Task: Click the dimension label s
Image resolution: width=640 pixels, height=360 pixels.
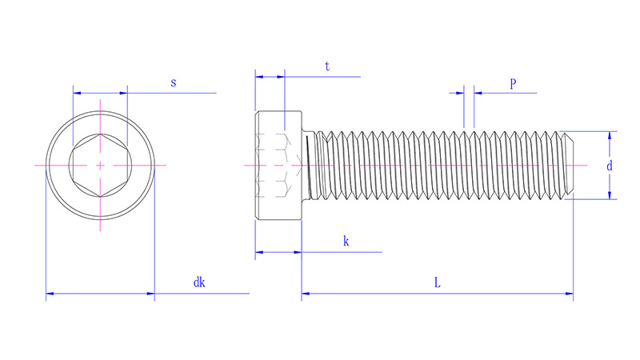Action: pos(174,83)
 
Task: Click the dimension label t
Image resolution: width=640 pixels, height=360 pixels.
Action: pos(327,67)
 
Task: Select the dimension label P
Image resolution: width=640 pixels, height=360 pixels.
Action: pos(512,83)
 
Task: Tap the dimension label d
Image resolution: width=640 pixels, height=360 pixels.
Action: pos(610,166)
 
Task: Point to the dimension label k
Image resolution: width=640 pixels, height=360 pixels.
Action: pos(346,241)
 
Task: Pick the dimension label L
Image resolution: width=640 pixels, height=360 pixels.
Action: pos(437,282)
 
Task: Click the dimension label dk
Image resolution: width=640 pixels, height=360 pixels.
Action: pos(199,282)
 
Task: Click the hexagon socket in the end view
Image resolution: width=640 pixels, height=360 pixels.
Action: pos(99,165)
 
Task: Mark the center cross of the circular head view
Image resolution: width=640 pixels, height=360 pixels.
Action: pos(99,165)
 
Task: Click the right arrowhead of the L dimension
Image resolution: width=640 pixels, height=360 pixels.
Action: pos(569,295)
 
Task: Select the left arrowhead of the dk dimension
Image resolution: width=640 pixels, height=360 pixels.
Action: pos(50,295)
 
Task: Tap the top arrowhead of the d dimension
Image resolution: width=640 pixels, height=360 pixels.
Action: pos(610,135)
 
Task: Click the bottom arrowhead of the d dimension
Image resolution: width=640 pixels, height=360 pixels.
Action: pos(610,194)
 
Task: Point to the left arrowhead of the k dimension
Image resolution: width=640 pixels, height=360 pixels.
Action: pos(259,253)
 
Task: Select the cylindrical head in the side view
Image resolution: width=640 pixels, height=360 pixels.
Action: pos(278,165)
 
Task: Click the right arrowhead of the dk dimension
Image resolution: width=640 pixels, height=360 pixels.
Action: pos(150,295)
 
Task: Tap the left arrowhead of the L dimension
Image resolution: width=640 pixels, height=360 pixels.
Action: pos(306,295)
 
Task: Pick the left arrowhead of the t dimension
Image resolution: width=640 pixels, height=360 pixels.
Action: pos(259,77)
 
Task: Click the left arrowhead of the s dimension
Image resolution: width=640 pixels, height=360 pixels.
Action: pos(77,93)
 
